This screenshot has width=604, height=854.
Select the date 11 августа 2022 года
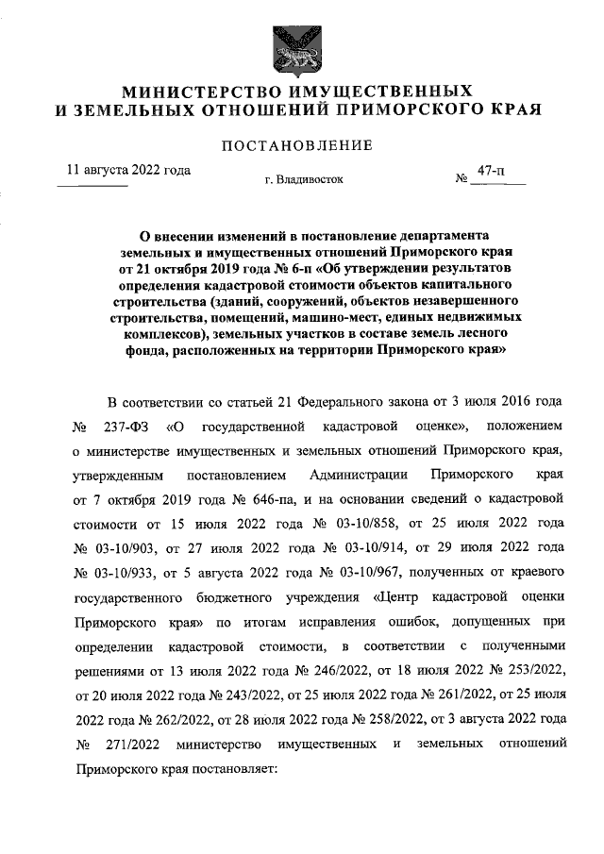click(127, 171)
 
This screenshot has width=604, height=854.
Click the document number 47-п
click(491, 171)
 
